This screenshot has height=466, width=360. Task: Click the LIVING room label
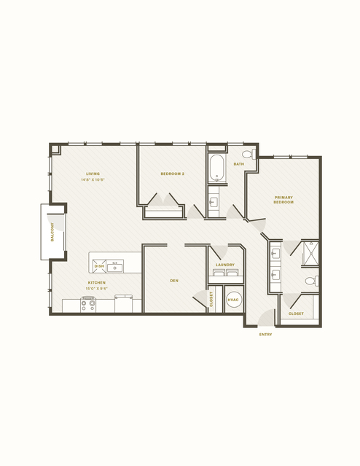[x=93, y=174]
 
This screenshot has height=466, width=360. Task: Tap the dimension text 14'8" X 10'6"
[x=93, y=179]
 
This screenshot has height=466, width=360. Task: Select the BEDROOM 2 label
[x=172, y=174]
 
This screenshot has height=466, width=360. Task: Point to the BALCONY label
[x=52, y=232]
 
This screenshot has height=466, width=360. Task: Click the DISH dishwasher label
[x=98, y=266]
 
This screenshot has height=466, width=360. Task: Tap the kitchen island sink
[x=115, y=267]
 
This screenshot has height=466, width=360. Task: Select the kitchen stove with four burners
[x=88, y=304]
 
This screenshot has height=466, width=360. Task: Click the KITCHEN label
[x=97, y=282]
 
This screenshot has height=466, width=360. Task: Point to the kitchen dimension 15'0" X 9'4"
[x=97, y=288]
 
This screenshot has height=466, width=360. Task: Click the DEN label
[x=174, y=279]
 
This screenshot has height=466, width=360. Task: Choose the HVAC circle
[x=233, y=300]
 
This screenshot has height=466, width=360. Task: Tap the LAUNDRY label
[x=225, y=265]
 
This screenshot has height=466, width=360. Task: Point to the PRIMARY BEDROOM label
[x=283, y=199]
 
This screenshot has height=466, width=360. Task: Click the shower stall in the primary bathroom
[x=310, y=253]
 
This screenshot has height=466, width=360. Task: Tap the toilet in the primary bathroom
[x=310, y=281]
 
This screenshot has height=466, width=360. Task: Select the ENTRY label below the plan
[x=266, y=335]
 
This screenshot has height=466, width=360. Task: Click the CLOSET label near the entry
[x=296, y=314]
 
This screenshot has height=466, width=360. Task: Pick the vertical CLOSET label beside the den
[x=211, y=298]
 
